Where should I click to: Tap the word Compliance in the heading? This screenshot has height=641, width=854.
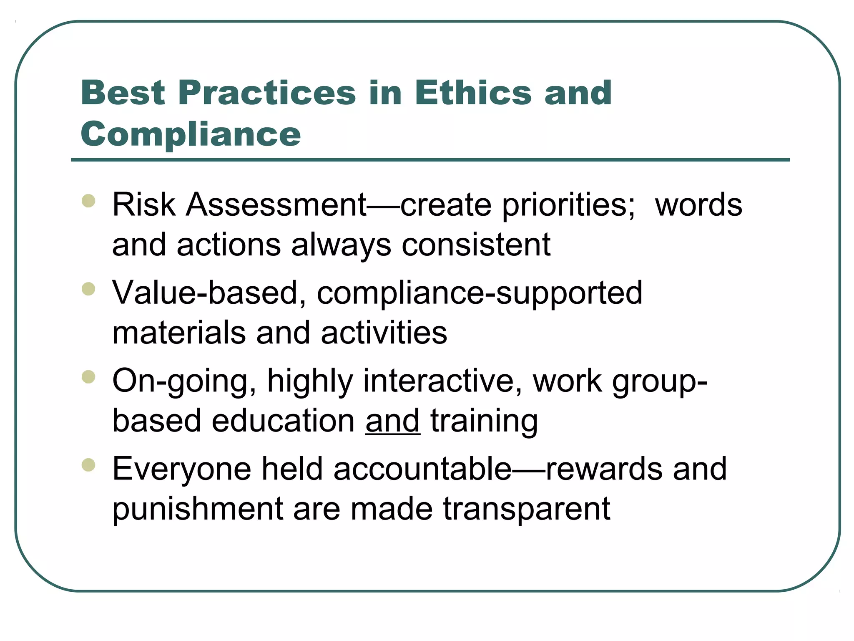click(191, 134)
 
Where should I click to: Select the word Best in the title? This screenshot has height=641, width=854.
click(123, 93)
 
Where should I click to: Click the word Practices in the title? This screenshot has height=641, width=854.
click(267, 93)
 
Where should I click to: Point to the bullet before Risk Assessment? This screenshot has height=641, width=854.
click(88, 201)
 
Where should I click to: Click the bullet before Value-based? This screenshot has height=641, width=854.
click(88, 289)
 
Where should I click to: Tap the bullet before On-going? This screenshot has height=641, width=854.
click(88, 377)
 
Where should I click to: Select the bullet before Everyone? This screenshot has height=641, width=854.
click(88, 464)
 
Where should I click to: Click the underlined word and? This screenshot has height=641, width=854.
click(393, 421)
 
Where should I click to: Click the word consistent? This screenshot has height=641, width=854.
click(476, 245)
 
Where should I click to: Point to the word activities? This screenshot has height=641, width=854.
click(384, 333)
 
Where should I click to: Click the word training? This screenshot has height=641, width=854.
click(484, 421)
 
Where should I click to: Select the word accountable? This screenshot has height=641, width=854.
click(422, 469)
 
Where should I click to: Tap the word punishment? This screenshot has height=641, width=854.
click(198, 509)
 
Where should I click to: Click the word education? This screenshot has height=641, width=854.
click(283, 421)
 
